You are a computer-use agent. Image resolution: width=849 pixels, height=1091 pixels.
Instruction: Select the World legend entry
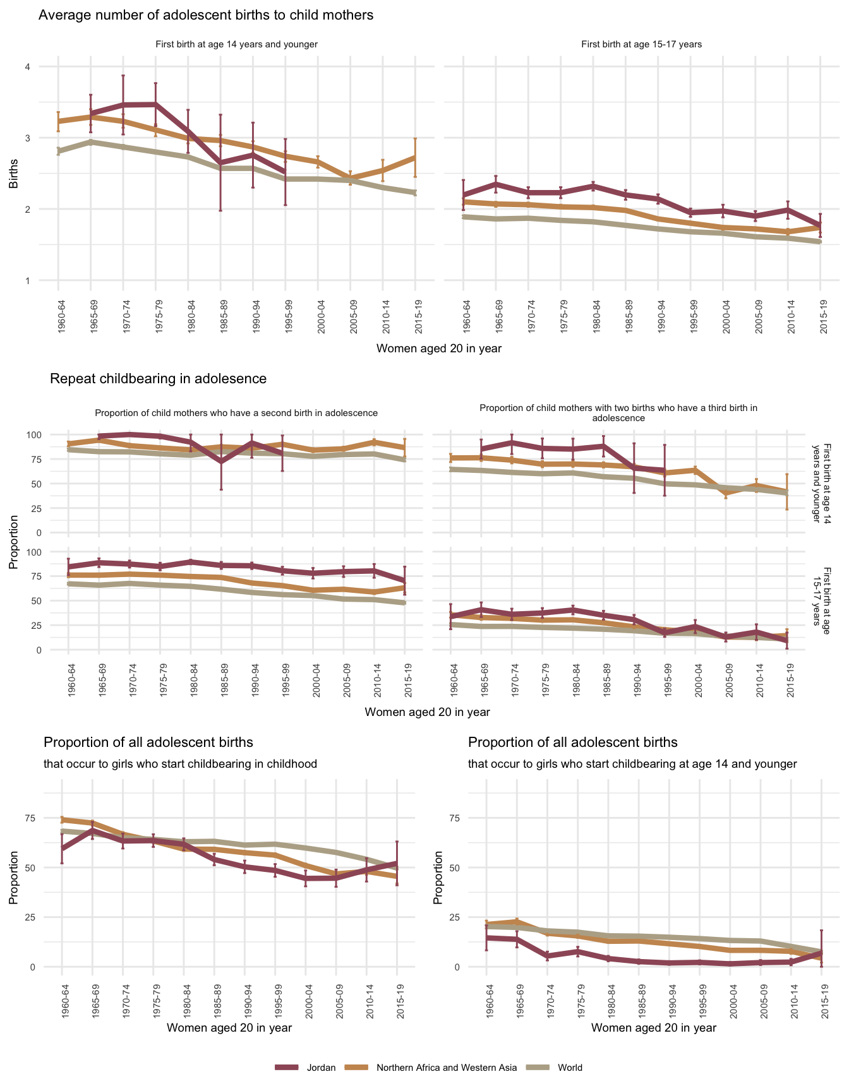(x=570, y=1068)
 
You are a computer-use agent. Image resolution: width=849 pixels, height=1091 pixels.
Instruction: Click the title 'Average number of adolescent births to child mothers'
(x=206, y=15)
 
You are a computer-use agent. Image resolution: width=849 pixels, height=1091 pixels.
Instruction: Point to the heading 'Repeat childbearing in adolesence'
(x=158, y=379)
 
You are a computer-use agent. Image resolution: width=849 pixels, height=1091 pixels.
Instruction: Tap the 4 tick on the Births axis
(x=28, y=67)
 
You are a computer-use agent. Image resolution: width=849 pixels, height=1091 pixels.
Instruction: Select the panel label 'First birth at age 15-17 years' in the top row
(x=641, y=45)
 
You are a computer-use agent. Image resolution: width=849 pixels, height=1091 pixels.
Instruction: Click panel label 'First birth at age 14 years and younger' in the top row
(x=236, y=45)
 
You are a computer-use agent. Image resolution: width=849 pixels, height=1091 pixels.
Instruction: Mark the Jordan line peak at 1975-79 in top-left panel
(x=155, y=104)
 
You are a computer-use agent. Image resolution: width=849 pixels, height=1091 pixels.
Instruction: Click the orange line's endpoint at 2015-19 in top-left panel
(x=415, y=157)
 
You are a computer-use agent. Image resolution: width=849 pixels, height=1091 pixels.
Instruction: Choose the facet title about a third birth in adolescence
(x=618, y=413)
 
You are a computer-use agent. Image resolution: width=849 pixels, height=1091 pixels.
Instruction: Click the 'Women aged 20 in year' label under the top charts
(x=438, y=349)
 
